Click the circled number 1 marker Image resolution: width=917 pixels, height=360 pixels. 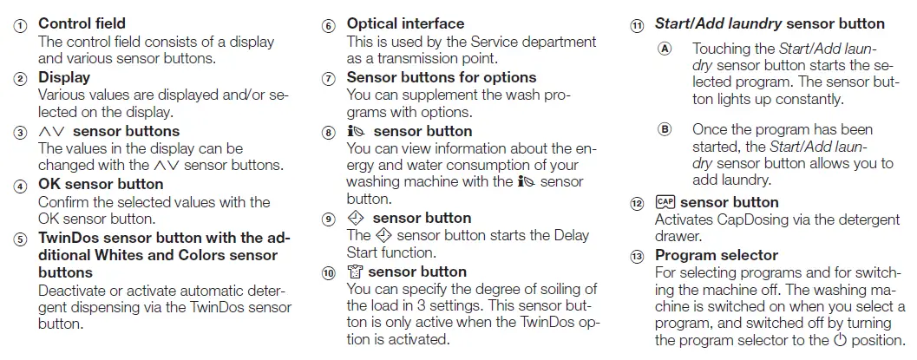point(19,25)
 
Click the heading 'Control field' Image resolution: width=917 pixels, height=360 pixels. point(82,23)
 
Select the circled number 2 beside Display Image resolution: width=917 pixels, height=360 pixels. point(19,79)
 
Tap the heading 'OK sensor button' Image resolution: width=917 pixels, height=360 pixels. point(101,184)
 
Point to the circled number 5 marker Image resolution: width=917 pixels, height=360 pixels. point(19,239)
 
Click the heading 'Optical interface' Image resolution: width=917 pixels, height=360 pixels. point(405,23)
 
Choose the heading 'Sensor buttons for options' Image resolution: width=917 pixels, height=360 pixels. point(442,77)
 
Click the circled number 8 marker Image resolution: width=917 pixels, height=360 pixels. point(328,133)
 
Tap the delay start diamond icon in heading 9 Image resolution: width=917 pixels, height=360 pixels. point(356,218)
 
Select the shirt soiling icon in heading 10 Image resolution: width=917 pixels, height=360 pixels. point(355,272)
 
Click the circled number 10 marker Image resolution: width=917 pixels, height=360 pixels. point(328,273)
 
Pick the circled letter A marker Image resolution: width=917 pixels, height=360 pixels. point(665,49)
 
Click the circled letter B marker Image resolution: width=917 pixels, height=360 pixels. point(665,129)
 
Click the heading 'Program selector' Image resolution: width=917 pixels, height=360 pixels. point(717,255)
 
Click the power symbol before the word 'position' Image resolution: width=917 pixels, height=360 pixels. point(839,340)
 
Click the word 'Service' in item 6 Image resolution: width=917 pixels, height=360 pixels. point(500,42)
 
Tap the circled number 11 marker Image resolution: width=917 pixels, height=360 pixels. point(638,25)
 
